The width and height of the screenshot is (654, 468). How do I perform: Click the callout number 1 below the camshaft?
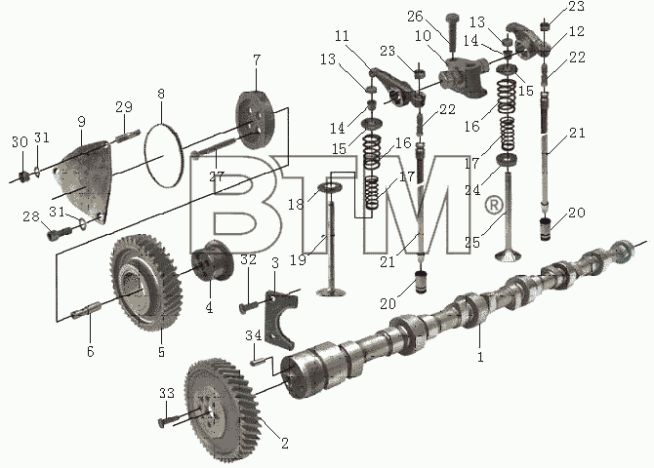[480, 357]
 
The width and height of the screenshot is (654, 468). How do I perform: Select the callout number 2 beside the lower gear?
[285, 443]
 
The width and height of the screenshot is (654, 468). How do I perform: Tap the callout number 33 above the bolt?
[166, 393]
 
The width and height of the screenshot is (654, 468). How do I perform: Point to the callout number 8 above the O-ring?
[161, 94]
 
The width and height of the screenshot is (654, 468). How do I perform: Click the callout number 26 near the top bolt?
[415, 17]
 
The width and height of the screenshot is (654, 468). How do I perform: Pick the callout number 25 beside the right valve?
[472, 242]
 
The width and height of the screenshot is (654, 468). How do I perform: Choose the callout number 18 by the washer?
[296, 204]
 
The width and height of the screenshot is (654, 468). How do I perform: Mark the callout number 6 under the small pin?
[91, 352]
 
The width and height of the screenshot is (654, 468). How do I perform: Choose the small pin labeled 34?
[256, 362]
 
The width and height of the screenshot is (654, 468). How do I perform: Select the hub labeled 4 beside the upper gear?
[212, 261]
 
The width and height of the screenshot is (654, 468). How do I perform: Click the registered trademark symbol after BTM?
[494, 206]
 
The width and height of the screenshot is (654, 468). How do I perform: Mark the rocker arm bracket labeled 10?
[465, 76]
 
